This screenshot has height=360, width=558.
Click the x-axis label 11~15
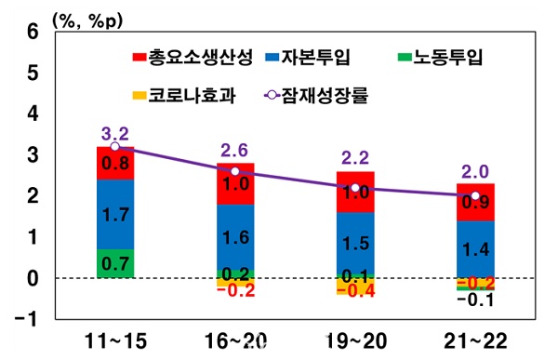[x=114, y=340]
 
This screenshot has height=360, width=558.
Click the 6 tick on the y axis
[x=33, y=31]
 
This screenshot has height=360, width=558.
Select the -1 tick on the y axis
[x=30, y=319]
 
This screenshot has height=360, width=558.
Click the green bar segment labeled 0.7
[x=114, y=263]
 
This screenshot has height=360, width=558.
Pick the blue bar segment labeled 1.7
[x=114, y=214]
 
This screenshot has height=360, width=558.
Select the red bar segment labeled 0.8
[x=114, y=163]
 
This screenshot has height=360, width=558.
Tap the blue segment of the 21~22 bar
[x=474, y=247]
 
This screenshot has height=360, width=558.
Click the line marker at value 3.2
[x=114, y=146]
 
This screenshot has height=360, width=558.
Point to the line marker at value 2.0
[x=474, y=196]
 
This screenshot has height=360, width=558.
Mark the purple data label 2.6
[x=234, y=150]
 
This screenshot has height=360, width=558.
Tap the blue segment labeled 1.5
[x=354, y=244]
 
